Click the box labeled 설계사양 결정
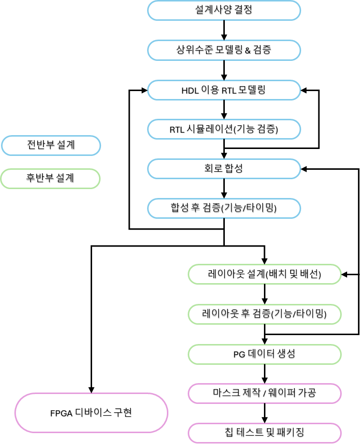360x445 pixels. coord(224,10)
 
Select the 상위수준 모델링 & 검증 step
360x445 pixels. coord(224,50)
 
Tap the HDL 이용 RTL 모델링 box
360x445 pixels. coord(224,90)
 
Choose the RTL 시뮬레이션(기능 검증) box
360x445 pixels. coord(224,129)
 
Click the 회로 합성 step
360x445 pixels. coord(224,169)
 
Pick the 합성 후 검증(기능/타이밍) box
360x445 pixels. coord(224,208)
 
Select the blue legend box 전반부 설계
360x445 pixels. coord(51,146)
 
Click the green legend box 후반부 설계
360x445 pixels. coord(51,178)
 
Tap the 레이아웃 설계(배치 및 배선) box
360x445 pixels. coord(264,274)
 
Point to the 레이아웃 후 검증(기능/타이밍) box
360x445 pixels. coord(264,314)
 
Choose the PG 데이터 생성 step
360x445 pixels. coord(264,354)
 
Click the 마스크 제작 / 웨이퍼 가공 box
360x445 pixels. coord(264,394)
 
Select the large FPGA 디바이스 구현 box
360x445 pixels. coord(91,413)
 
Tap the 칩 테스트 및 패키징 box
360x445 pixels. coord(264,433)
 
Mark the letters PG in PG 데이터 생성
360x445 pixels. coord(239,354)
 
